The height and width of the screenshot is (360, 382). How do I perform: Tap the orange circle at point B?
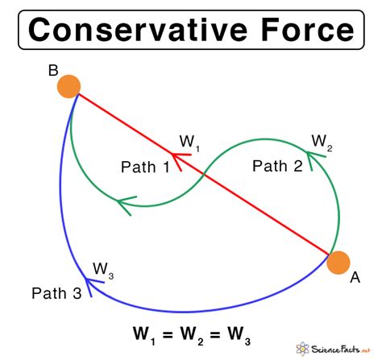tap(69, 86)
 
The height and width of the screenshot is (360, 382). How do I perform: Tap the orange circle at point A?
tap(338, 263)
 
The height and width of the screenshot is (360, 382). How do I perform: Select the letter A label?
tap(355, 278)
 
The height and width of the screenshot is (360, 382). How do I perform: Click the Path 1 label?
tap(145, 167)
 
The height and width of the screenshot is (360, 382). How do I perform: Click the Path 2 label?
tap(277, 166)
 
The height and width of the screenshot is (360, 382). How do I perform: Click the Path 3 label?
tap(56, 293)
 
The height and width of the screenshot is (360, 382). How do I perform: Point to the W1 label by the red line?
tap(189, 143)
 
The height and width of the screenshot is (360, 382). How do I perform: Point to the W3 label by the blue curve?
tap(103, 269)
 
